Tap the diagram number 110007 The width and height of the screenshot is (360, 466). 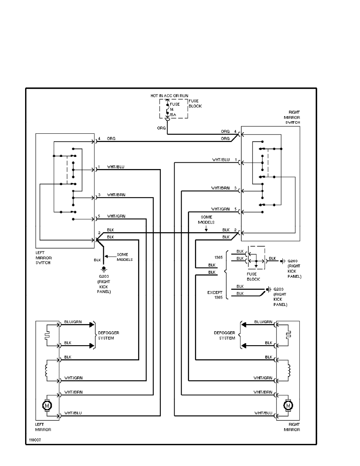(35, 440)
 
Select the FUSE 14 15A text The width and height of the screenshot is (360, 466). (174, 110)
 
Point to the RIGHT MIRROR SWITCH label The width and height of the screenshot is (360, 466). (294, 117)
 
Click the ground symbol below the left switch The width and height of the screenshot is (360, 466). (104, 269)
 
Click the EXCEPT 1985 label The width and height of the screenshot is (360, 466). (215, 295)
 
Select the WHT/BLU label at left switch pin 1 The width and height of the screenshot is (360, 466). (116, 167)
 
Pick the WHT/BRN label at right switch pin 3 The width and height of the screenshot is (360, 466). (220, 188)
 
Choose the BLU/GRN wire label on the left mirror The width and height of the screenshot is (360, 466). (73, 322)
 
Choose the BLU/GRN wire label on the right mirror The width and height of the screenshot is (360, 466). (263, 322)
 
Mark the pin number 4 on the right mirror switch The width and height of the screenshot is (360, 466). (236, 131)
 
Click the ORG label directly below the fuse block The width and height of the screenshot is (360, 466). (161, 128)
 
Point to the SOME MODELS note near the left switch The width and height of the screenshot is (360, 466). (125, 257)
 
